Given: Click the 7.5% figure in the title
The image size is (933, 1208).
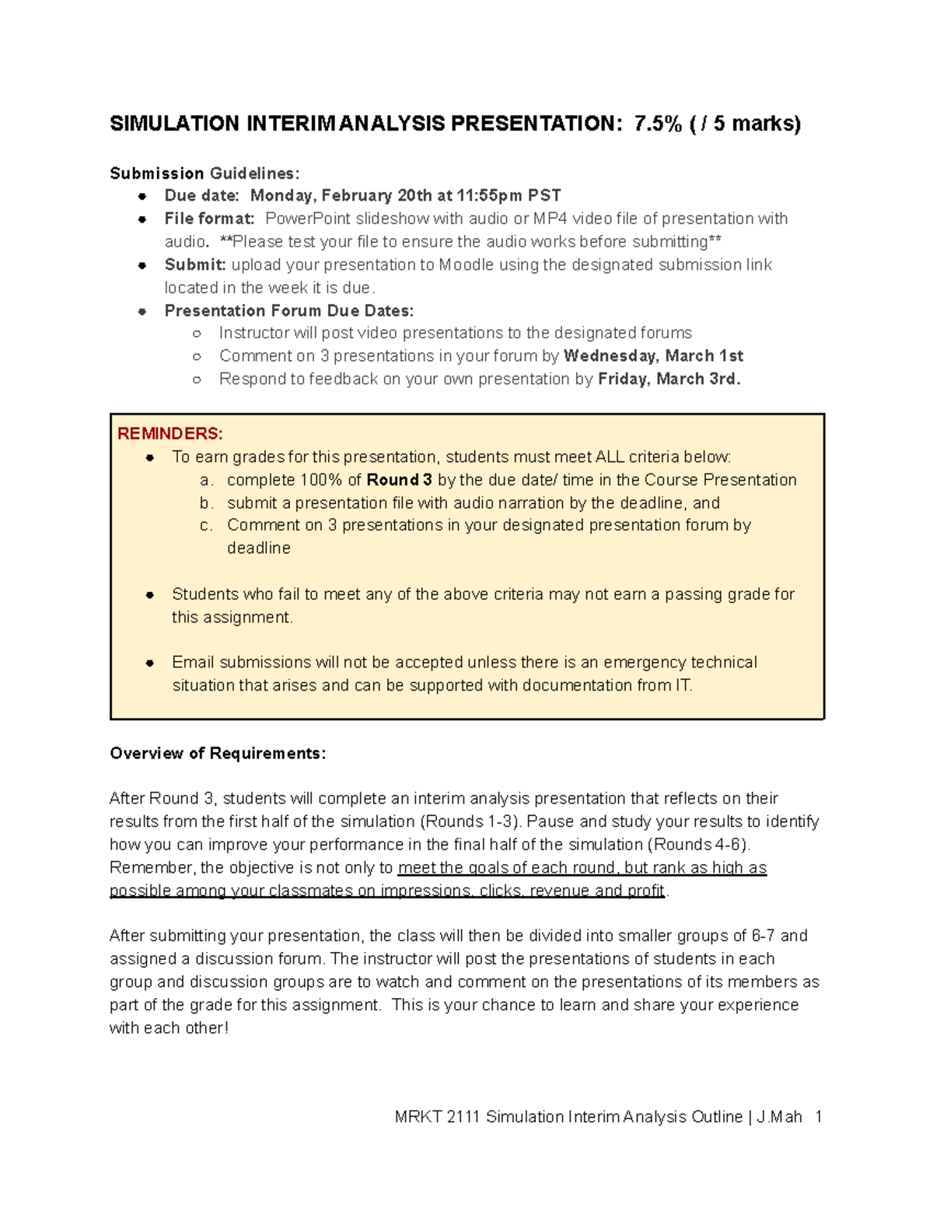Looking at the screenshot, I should pyautogui.click(x=658, y=124).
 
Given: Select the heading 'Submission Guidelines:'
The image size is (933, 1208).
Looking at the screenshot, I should pyautogui.click(x=204, y=173).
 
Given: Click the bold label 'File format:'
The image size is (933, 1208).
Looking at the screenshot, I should pyautogui.click(x=209, y=219).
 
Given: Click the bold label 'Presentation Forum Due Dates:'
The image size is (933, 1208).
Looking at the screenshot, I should pyautogui.click(x=288, y=310).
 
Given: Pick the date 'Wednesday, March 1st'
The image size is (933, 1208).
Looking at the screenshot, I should pyautogui.click(x=653, y=356).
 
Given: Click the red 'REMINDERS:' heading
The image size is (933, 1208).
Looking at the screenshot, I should pyautogui.click(x=169, y=433).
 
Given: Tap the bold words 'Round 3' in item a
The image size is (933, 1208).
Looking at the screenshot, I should pyautogui.click(x=399, y=479).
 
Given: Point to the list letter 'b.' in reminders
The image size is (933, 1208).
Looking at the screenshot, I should pyautogui.click(x=206, y=502).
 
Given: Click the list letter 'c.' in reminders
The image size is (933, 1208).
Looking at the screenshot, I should pyautogui.click(x=206, y=525).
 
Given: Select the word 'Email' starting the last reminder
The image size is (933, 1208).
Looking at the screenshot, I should pyautogui.click(x=193, y=662).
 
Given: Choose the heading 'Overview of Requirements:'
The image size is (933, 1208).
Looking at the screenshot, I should pyautogui.click(x=218, y=753).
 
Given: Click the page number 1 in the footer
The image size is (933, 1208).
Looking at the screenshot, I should pyautogui.click(x=818, y=1117).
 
